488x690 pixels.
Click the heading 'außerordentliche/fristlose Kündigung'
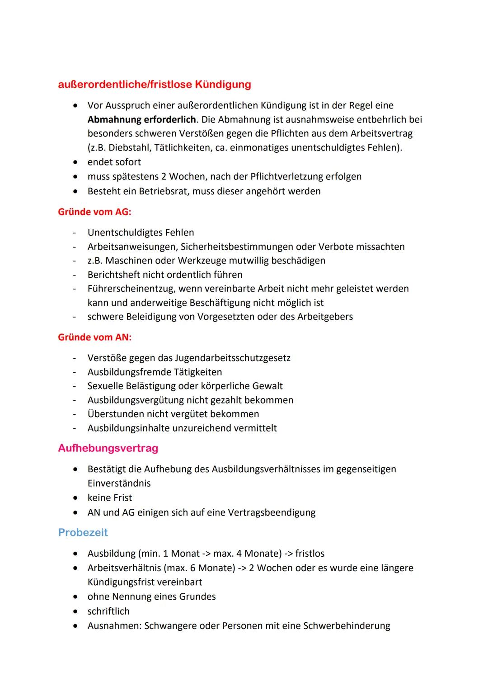154,84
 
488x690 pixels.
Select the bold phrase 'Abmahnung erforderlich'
142,120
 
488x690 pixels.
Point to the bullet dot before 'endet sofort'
75,162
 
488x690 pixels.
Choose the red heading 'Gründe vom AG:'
94,212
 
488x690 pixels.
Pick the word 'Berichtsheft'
115,275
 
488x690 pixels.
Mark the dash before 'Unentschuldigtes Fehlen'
74,233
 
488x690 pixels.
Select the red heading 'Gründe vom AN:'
94,337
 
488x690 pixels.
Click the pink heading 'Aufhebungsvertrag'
108,448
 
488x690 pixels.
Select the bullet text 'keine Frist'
110,498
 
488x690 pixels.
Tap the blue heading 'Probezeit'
83,532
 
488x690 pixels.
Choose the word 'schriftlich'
108,611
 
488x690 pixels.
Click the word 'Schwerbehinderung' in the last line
347,626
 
